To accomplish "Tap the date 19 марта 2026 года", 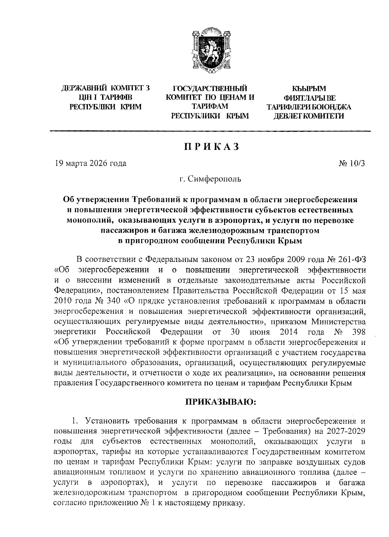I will [90, 163].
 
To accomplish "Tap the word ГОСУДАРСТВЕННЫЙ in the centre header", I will [210, 88].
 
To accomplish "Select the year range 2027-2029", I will [344, 432].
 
